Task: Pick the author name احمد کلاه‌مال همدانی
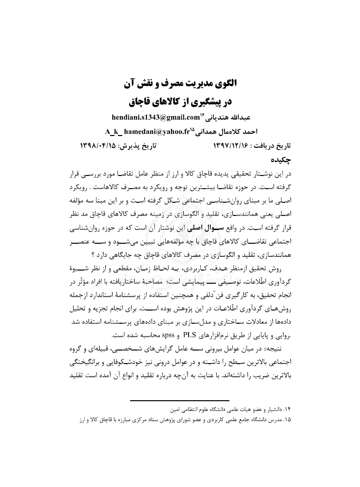pos(232,132)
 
